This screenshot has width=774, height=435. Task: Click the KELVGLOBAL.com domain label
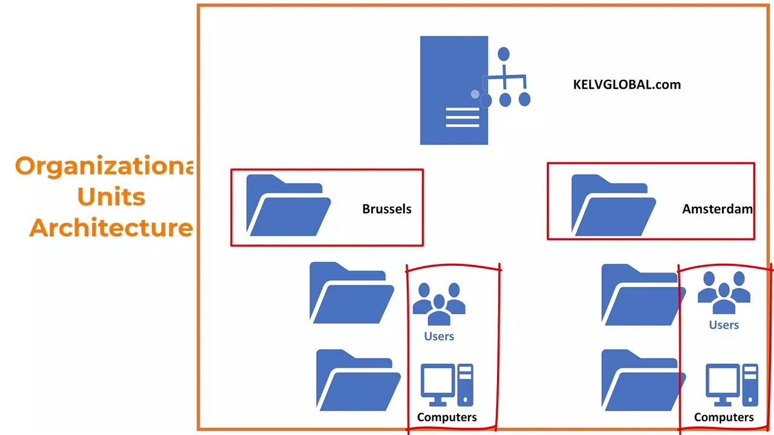tap(626, 85)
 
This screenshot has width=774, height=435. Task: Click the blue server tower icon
tap(454, 91)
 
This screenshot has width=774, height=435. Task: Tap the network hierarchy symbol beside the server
tap(506, 79)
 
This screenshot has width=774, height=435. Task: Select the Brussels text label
tap(386, 209)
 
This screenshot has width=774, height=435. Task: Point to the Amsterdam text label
tap(717, 209)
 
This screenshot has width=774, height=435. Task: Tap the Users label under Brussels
tap(439, 337)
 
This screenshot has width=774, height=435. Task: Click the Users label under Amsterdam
tap(724, 325)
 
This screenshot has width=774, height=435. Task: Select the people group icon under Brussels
tap(439, 304)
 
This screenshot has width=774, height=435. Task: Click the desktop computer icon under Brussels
tap(447, 385)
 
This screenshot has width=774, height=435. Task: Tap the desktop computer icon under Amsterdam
tap(732, 385)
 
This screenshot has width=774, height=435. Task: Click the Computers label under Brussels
tap(447, 417)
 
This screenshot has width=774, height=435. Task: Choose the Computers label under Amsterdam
tap(724, 417)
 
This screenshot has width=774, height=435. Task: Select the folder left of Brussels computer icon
tap(358, 381)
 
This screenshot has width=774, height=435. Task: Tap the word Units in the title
tap(111, 197)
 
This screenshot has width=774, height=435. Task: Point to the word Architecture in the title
tap(111, 228)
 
